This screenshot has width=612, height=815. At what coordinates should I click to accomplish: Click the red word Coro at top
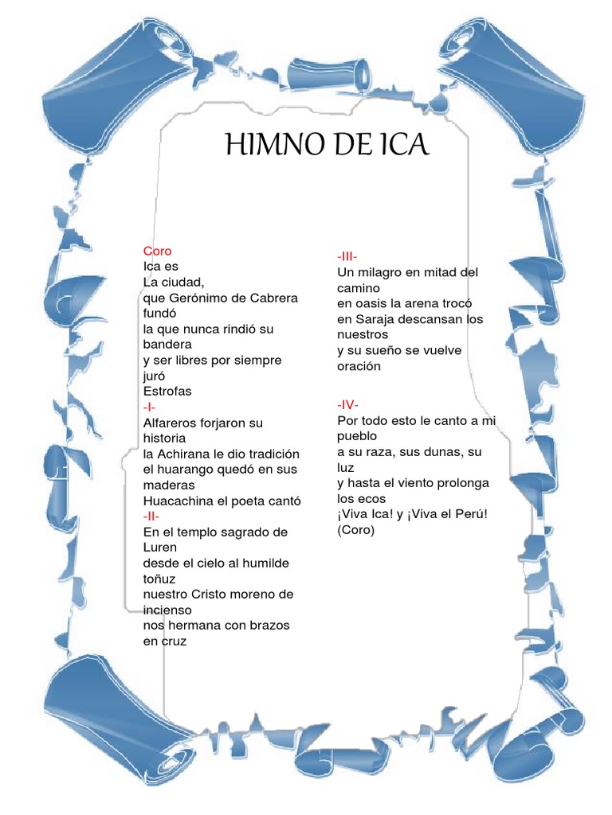(x=157, y=251)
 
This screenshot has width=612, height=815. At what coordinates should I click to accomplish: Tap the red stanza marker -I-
(x=150, y=407)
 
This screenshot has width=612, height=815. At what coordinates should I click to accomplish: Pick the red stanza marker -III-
(x=347, y=256)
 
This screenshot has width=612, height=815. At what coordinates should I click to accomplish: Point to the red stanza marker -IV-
(x=347, y=404)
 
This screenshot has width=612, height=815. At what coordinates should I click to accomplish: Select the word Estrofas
(x=167, y=392)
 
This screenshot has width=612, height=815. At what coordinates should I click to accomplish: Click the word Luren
(x=161, y=548)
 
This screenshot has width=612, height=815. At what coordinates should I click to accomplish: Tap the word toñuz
(x=159, y=579)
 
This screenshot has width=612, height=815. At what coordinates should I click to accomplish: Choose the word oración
(x=359, y=366)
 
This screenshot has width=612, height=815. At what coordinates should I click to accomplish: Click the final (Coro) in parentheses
(x=355, y=529)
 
